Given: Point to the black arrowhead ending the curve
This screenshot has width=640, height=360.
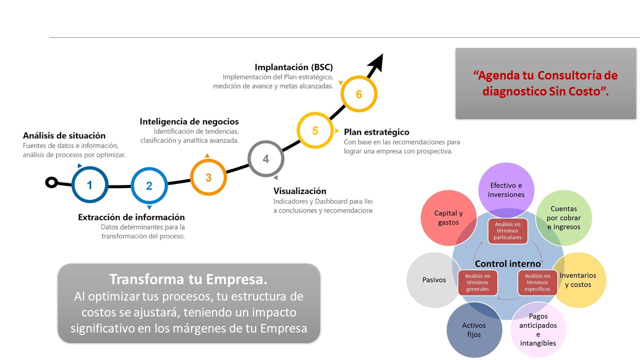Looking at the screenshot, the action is pos(376,62).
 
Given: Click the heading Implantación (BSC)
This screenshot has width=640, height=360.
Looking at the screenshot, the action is pos(293,67).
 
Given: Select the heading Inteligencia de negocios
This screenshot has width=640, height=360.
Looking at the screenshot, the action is pos(189,121).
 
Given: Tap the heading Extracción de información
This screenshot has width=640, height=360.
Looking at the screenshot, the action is pos(131,217).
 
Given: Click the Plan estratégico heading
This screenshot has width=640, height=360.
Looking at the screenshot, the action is pos(376,132).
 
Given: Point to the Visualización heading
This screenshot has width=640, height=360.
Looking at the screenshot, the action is pos(299,191).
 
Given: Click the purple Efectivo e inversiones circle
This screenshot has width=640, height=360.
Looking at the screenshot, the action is pos(506,190).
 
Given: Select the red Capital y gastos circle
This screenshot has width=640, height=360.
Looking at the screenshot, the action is pos(448,217).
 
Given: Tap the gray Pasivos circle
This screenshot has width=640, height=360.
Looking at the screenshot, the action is pos(433,280).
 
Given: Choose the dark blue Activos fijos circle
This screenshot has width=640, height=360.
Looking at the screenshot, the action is pos(474,329).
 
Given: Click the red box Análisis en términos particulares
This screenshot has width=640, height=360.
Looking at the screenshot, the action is pos(507,231).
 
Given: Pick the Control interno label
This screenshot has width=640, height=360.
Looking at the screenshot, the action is pos(507,263).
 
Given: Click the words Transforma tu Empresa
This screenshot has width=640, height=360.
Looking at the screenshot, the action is pos(188,279).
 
